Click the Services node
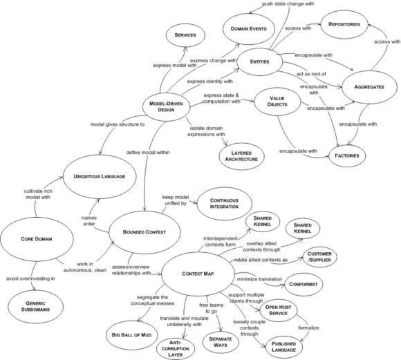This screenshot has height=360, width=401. pyautogui.click(x=185, y=35)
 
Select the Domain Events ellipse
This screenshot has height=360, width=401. pyautogui.click(x=249, y=28)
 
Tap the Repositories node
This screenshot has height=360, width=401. pyautogui.click(x=344, y=25)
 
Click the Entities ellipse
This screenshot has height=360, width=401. pyautogui.click(x=259, y=61)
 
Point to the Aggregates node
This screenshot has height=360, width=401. pyautogui.click(x=369, y=87)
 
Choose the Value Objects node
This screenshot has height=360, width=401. pyautogui.click(x=277, y=102)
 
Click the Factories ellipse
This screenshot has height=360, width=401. pyautogui.click(x=347, y=155)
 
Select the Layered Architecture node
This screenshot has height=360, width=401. pyautogui.click(x=241, y=156)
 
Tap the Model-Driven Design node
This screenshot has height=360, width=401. pyautogui.click(x=166, y=107)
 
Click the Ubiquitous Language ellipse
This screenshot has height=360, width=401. pyautogui.click(x=100, y=176)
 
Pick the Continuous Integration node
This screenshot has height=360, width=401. pyautogui.click(x=224, y=204)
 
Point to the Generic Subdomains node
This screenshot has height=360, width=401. pyautogui.click(x=35, y=307)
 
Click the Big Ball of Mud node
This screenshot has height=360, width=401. pyautogui.click(x=131, y=335)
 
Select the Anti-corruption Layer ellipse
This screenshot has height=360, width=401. pyautogui.click(x=176, y=349)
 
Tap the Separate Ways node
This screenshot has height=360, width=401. pyautogui.click(x=221, y=342)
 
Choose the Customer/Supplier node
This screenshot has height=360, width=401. pyautogui.click(x=319, y=257)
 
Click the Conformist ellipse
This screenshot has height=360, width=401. pyautogui.click(x=304, y=284)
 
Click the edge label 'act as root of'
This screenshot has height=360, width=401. pyautogui.click(x=311, y=74)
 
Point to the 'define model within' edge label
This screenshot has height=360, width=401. pyautogui.click(x=148, y=153)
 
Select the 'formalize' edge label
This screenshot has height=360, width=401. pyautogui.click(x=308, y=328)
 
